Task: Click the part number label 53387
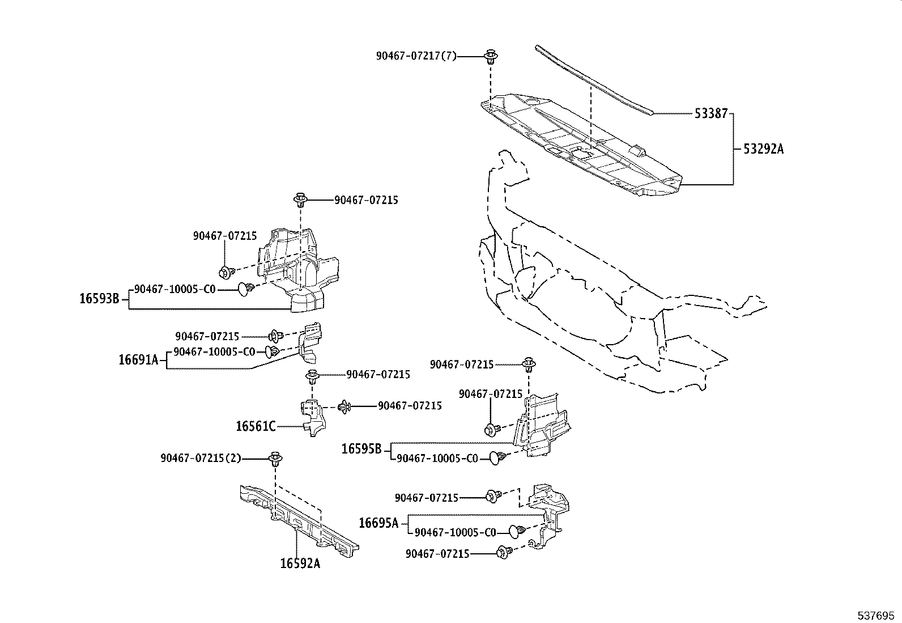(710, 113)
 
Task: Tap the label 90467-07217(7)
(416, 56)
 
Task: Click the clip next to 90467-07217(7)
(491, 57)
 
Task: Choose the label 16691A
(138, 359)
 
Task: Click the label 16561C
(256, 426)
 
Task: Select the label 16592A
(300, 563)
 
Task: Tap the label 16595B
(361, 449)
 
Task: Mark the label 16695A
(378, 523)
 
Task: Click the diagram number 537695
(877, 614)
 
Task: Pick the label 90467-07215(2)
(201, 458)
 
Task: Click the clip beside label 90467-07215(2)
(276, 459)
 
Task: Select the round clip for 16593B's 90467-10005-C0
(245, 289)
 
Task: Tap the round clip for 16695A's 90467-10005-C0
(514, 532)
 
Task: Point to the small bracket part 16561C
(312, 417)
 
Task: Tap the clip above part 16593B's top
(300, 200)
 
